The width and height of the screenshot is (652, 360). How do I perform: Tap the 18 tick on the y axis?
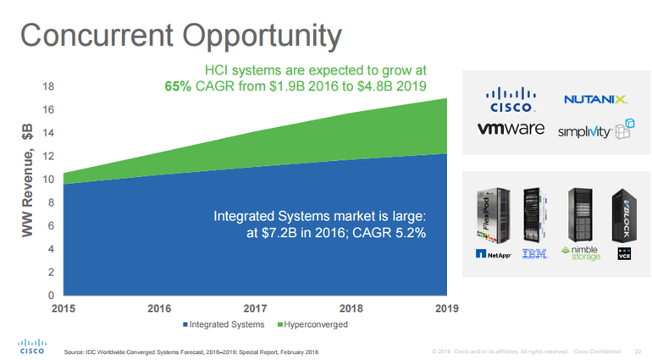[49, 87]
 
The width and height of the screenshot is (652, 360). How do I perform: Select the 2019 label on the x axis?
[446, 308]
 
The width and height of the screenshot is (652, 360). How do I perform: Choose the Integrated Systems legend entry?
[223, 324]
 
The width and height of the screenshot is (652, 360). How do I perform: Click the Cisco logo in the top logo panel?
[511, 100]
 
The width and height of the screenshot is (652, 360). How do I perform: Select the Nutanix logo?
[596, 100]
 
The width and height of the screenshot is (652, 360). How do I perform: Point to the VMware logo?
[511, 130]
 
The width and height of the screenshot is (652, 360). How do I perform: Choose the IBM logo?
[534, 253]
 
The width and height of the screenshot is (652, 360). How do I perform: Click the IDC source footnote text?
[192, 351]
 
